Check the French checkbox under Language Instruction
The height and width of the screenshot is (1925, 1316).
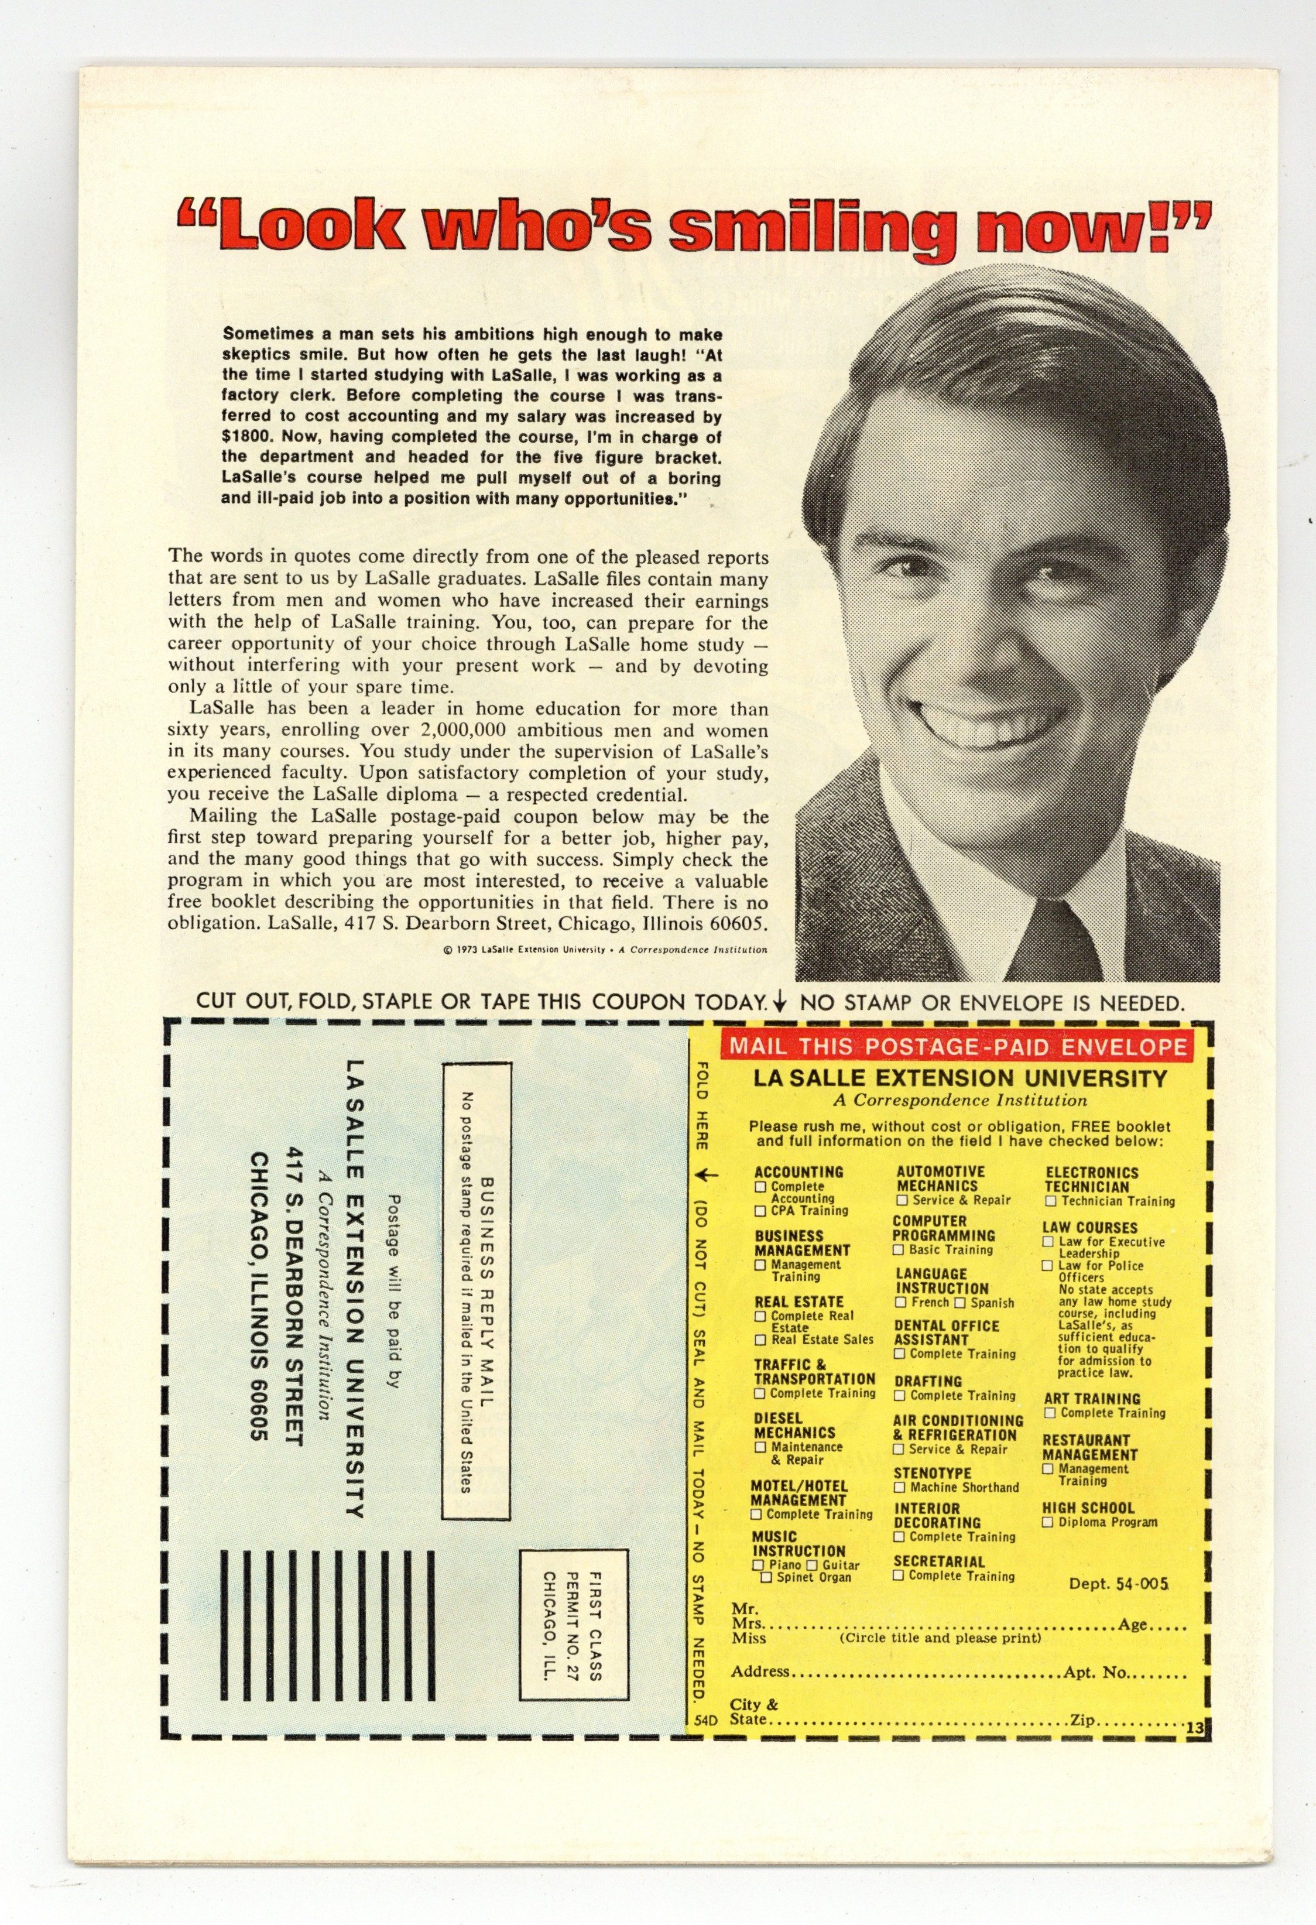[x=902, y=1303]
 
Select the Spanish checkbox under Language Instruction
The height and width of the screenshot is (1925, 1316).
[x=961, y=1303]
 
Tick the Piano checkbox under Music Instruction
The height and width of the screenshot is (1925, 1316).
[x=758, y=1565]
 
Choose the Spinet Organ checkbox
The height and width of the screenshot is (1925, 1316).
[x=766, y=1577]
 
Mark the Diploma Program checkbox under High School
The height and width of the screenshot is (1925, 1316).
[x=1048, y=1522]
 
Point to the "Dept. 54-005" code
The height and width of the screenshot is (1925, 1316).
[x=1118, y=1584]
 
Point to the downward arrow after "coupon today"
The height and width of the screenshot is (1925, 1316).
[x=779, y=1003]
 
